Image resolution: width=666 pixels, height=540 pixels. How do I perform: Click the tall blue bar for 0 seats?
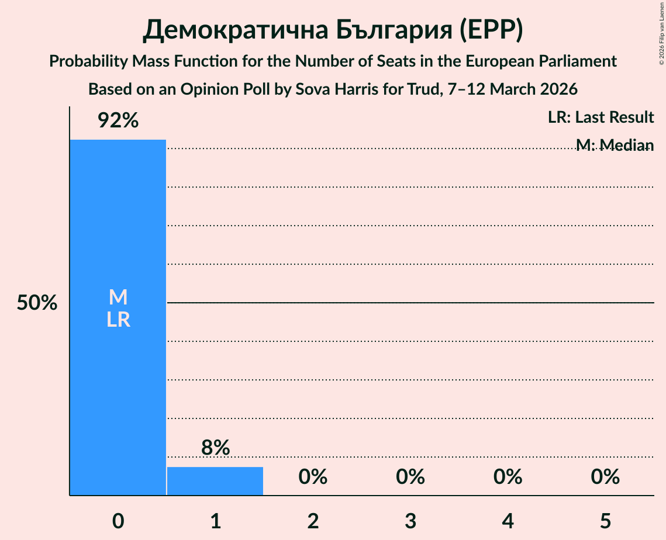click(118, 380)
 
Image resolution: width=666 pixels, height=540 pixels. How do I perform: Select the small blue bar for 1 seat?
click(215, 481)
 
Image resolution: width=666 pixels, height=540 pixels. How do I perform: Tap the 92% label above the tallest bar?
click(118, 121)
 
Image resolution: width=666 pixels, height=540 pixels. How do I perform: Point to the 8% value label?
click(215, 448)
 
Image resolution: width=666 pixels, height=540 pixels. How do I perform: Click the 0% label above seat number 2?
click(313, 477)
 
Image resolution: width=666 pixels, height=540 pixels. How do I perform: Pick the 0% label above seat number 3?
click(410, 477)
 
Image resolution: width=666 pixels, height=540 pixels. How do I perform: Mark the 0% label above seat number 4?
click(508, 477)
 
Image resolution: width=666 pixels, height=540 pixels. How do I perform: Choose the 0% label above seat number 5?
click(605, 477)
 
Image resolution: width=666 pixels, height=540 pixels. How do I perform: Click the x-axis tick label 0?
click(118, 520)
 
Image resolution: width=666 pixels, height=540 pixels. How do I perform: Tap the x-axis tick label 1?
click(215, 520)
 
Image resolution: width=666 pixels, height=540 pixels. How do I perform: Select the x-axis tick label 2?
click(313, 520)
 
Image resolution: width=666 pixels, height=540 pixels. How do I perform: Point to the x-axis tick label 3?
click(410, 520)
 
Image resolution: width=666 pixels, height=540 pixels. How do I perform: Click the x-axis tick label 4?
click(508, 520)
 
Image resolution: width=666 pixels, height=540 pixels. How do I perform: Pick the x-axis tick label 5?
click(605, 520)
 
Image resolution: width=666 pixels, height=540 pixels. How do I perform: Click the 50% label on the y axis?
click(37, 303)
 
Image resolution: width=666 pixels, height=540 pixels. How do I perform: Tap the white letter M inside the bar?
click(118, 297)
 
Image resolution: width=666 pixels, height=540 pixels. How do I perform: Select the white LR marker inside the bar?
click(118, 320)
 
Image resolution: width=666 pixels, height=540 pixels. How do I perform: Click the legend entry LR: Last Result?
click(601, 117)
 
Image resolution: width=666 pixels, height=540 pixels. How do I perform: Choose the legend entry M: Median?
click(614, 145)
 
